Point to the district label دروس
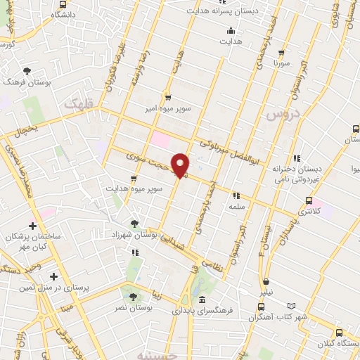[285, 113]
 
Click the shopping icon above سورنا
[281, 53]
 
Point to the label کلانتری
[309, 211]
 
